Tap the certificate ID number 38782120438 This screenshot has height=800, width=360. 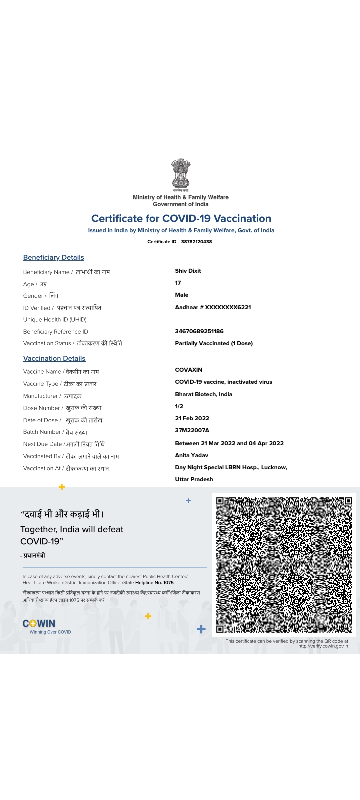196,242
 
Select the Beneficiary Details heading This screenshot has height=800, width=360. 53,258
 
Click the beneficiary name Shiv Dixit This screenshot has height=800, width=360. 188,271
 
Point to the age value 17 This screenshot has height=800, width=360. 178,283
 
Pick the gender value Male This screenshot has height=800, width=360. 182,295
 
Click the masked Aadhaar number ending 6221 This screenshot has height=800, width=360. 213,307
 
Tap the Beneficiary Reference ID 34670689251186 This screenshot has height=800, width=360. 199,331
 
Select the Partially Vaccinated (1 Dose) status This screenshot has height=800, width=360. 214,343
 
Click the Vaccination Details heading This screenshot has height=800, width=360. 54,359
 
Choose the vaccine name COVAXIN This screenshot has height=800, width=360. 189,370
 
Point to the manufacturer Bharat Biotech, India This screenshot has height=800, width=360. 203,394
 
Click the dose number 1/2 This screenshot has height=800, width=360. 179,406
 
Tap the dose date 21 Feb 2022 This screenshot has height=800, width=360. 192,418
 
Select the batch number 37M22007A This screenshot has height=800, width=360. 192,430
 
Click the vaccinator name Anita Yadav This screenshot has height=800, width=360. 192,455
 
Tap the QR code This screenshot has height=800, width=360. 284,565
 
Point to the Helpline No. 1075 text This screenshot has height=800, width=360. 154,583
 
